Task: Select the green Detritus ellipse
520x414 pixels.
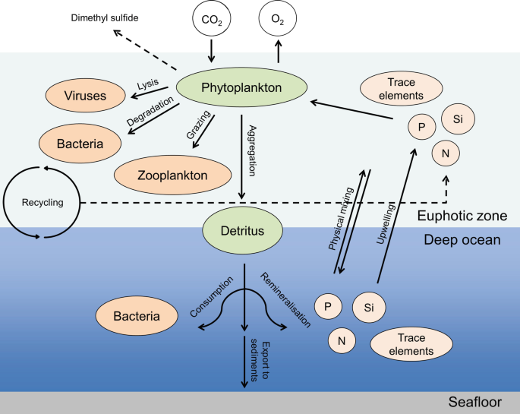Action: [x=241, y=229]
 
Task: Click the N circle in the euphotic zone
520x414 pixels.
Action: [x=446, y=155]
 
